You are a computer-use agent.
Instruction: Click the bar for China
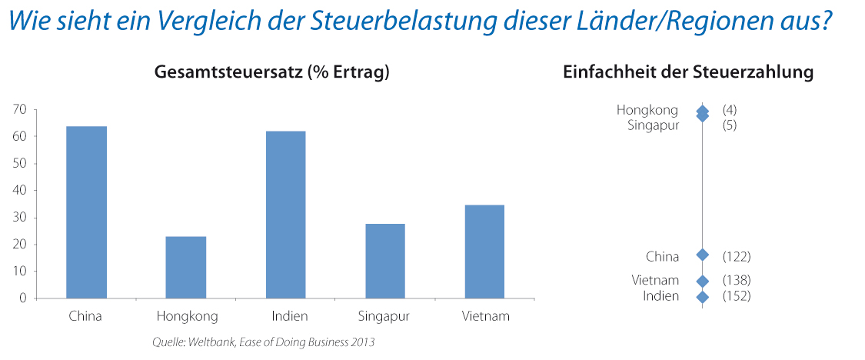point(86,212)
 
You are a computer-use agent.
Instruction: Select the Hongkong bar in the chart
point(186,267)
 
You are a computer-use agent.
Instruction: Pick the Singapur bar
point(385,261)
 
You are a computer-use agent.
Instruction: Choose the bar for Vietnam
point(484,251)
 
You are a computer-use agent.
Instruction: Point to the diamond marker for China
point(702,255)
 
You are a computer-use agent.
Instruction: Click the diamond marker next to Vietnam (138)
point(702,282)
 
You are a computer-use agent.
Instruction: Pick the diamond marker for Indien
point(702,296)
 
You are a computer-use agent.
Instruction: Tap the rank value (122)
point(736,256)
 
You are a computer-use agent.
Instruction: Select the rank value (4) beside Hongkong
point(730,111)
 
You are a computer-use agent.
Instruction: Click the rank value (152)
point(736,296)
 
